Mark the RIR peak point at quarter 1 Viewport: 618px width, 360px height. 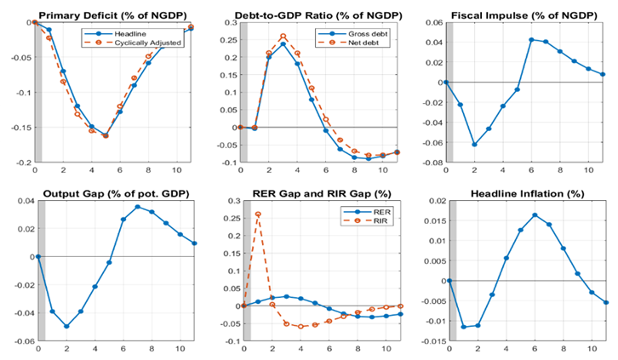coord(257,214)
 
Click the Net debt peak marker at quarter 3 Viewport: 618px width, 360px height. coord(283,37)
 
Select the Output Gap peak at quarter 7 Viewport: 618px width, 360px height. coord(138,207)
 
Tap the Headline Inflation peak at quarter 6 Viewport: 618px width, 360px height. coord(535,215)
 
